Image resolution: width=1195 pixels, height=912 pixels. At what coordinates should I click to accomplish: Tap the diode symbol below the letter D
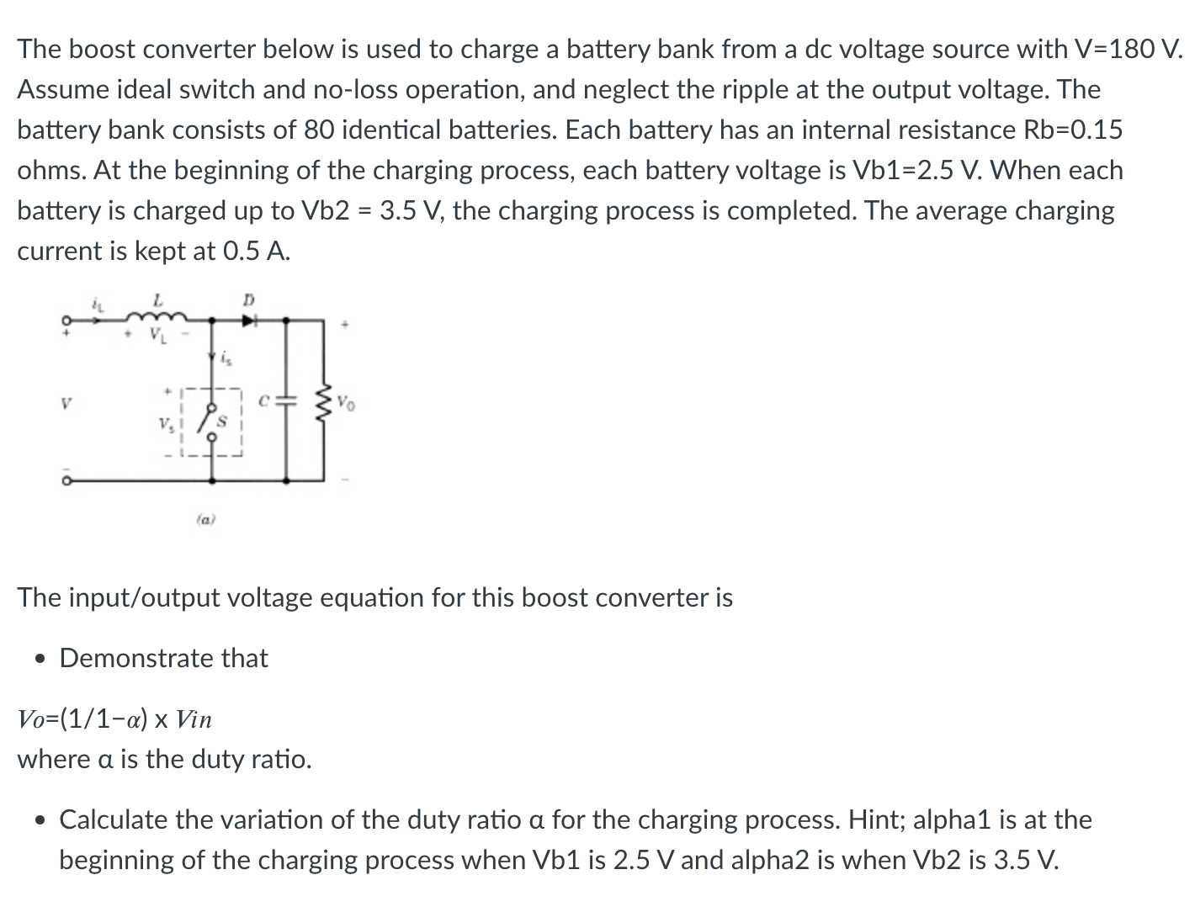pyautogui.click(x=248, y=320)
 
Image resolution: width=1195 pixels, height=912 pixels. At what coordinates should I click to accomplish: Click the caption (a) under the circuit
pyautogui.click(x=206, y=521)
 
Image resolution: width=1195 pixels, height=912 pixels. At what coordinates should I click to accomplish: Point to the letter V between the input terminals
pyautogui.click(x=62, y=403)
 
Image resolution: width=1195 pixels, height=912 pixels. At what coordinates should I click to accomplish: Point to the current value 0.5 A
pyautogui.click(x=254, y=251)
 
